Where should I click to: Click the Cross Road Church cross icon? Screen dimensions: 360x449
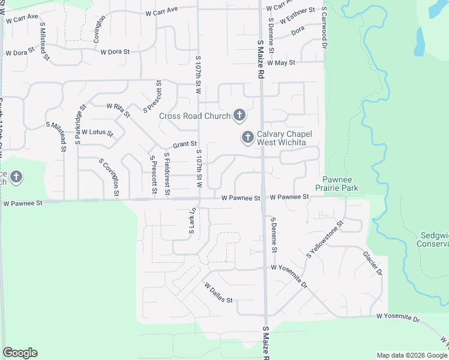[x=240, y=115]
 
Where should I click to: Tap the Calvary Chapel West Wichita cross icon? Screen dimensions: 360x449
[x=247, y=138]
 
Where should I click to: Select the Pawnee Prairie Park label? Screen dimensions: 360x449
[x=340, y=184]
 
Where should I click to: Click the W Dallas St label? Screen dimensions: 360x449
[x=218, y=293]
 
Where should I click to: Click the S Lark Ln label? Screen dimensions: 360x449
[x=193, y=221]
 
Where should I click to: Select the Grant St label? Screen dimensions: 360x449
[x=185, y=144]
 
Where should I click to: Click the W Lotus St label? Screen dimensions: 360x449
[x=97, y=131]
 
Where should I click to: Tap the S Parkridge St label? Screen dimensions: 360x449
[x=78, y=124]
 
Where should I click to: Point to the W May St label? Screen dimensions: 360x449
[x=282, y=62]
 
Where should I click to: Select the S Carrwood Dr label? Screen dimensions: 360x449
[x=324, y=28]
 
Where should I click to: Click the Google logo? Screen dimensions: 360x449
[x=20, y=353]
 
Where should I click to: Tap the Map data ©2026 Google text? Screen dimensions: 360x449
[x=411, y=355]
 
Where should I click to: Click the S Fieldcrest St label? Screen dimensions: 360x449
[x=167, y=175]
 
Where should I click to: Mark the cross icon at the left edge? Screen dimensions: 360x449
[x=16, y=177]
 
